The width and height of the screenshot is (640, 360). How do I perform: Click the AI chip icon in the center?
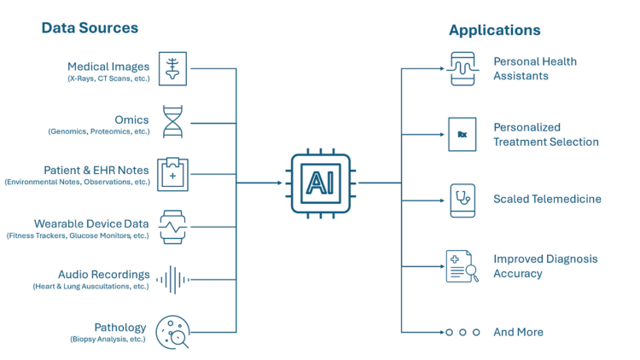pos(320,183)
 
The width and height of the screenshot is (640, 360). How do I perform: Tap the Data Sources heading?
pos(90,28)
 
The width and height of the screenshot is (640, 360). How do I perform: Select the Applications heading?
pos(494,30)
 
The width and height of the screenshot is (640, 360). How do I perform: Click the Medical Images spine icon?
pos(174,68)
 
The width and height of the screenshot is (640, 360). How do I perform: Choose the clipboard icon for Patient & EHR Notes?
pos(173,174)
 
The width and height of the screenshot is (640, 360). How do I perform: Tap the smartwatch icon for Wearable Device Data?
pos(173,227)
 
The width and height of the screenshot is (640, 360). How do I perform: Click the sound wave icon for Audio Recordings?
pos(174,279)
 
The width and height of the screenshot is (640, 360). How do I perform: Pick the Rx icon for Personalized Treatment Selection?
pos(462,135)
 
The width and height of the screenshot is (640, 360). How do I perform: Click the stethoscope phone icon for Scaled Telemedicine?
pos(462,200)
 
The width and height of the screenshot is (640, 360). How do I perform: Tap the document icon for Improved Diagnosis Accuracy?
pos(462,266)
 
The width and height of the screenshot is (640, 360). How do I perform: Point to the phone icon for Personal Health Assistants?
pos(462,68)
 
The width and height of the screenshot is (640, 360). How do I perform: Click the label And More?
pos(518,332)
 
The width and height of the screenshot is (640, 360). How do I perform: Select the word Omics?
pos(131,120)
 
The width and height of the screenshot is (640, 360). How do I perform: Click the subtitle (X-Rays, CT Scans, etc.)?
pos(108,78)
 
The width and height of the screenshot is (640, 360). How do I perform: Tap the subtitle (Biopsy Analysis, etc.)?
pos(108,340)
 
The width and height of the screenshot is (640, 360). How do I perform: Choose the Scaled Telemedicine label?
pos(547,199)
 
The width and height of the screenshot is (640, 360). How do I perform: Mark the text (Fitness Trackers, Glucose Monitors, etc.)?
pos(78,235)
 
